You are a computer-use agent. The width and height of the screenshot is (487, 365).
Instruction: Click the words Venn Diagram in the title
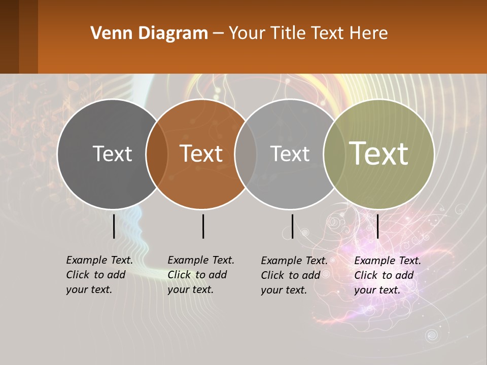point(149,33)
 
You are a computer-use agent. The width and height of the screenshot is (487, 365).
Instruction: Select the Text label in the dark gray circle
point(112,154)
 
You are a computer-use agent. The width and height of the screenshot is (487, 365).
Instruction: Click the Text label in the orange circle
point(201,154)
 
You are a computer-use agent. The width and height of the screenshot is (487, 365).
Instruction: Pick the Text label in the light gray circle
point(290,154)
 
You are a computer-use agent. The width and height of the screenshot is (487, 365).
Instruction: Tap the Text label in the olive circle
point(379,154)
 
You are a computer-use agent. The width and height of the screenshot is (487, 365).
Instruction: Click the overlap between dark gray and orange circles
point(157,154)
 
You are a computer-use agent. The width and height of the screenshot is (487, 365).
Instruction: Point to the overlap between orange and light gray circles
point(246,154)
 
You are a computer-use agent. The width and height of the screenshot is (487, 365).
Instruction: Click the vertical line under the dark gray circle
point(114,226)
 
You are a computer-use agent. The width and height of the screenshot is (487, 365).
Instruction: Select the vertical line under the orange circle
point(203,226)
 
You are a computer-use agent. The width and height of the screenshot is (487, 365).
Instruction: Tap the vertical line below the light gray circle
point(292,226)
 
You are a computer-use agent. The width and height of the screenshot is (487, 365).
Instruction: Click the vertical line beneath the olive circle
point(378,226)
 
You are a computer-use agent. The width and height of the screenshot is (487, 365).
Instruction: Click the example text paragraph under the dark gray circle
point(99,275)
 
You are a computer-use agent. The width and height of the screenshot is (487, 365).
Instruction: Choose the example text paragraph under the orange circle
point(200,275)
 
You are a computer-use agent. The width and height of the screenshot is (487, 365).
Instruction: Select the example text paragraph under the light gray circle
point(294,275)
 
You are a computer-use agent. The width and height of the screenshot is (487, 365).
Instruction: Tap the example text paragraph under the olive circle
point(387,275)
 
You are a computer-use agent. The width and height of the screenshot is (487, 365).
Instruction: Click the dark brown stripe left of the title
point(9,36)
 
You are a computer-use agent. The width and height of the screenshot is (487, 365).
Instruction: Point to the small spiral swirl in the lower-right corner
point(432,335)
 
